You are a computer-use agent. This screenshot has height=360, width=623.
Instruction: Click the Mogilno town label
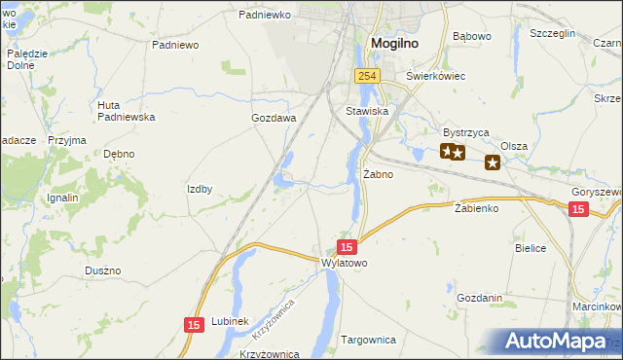(395, 43)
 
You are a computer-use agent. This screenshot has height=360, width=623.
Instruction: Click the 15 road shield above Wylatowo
(348, 247)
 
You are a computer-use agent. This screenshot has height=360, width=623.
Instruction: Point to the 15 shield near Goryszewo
(578, 209)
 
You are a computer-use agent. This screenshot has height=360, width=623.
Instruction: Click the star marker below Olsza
(493, 162)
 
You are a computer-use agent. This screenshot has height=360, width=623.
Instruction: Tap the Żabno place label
(378, 175)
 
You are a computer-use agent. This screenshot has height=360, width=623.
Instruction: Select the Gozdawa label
(274, 118)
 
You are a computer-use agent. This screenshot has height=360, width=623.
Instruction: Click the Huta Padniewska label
(127, 111)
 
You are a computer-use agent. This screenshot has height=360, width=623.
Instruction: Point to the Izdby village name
(200, 189)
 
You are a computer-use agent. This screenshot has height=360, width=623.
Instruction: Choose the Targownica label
(369, 341)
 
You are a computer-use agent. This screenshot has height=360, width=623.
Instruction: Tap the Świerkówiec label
(436, 76)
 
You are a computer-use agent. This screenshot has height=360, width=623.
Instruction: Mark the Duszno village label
(102, 270)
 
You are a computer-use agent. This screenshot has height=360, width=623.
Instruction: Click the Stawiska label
(368, 112)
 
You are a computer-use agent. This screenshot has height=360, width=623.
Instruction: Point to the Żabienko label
(477, 208)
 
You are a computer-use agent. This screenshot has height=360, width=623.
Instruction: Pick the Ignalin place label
(62, 198)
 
